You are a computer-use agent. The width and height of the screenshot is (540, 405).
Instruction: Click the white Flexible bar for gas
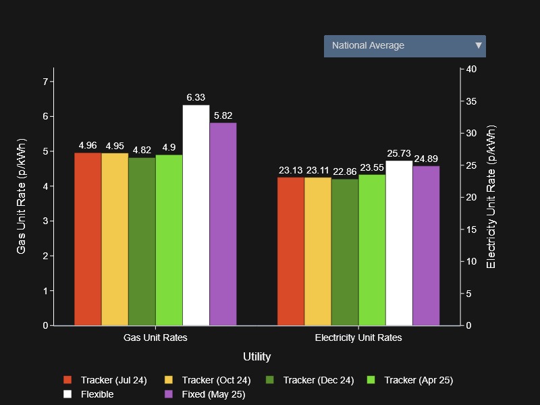coord(196,216)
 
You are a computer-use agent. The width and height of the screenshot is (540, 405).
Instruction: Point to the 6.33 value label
coord(196,98)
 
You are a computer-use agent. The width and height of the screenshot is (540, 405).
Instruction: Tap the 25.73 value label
coord(399,153)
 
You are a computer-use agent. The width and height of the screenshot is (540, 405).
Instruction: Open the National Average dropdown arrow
coord(479,46)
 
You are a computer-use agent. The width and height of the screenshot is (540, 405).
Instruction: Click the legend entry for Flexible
coord(97,394)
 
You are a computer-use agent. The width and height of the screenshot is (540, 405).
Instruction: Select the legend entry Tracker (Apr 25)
coord(418,380)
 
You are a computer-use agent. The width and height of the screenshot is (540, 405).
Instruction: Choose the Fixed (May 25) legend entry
coord(213,394)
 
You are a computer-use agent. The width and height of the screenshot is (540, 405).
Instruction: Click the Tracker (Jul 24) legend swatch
coord(67,380)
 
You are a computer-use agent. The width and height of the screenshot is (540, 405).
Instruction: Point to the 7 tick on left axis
coord(45,82)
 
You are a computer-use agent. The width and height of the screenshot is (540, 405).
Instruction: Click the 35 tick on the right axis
coord(471,101)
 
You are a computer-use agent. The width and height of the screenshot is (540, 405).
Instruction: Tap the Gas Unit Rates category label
coord(155,337)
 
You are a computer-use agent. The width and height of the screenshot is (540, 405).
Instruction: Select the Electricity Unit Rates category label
coord(358,337)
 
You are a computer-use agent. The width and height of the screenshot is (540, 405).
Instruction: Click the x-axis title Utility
coord(256,356)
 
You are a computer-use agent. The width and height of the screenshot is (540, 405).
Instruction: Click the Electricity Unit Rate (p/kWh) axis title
coord(491,196)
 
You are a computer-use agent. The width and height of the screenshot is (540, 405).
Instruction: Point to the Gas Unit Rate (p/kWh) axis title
coord(21,196)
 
